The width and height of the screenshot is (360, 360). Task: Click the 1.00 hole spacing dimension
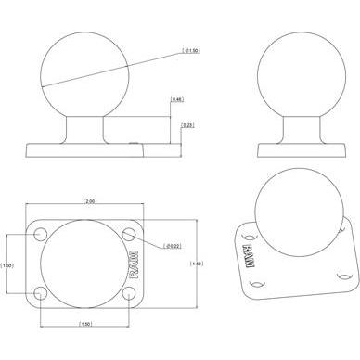coord(9,265)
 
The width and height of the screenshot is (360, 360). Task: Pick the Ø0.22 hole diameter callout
coord(173,246)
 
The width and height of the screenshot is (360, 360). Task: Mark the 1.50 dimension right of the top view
coord(195,264)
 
